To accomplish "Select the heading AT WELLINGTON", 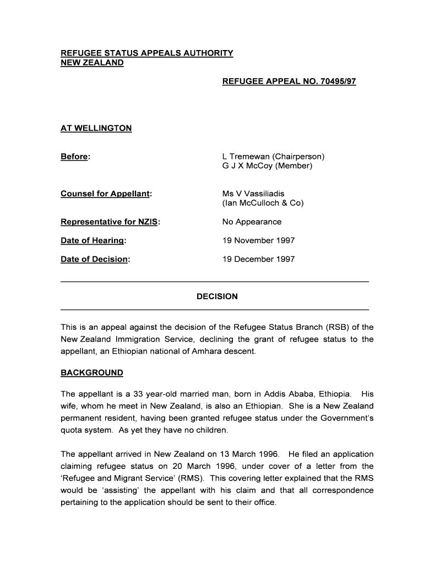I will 96,128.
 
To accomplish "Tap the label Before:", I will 75,157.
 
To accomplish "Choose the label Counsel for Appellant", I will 106,194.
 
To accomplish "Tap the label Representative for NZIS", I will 110,222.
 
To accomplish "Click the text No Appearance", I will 252,222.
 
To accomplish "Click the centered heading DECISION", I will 217,296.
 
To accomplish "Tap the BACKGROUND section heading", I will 92,373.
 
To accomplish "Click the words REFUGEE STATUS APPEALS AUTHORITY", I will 147,53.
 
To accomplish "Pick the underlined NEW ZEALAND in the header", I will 92,63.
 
